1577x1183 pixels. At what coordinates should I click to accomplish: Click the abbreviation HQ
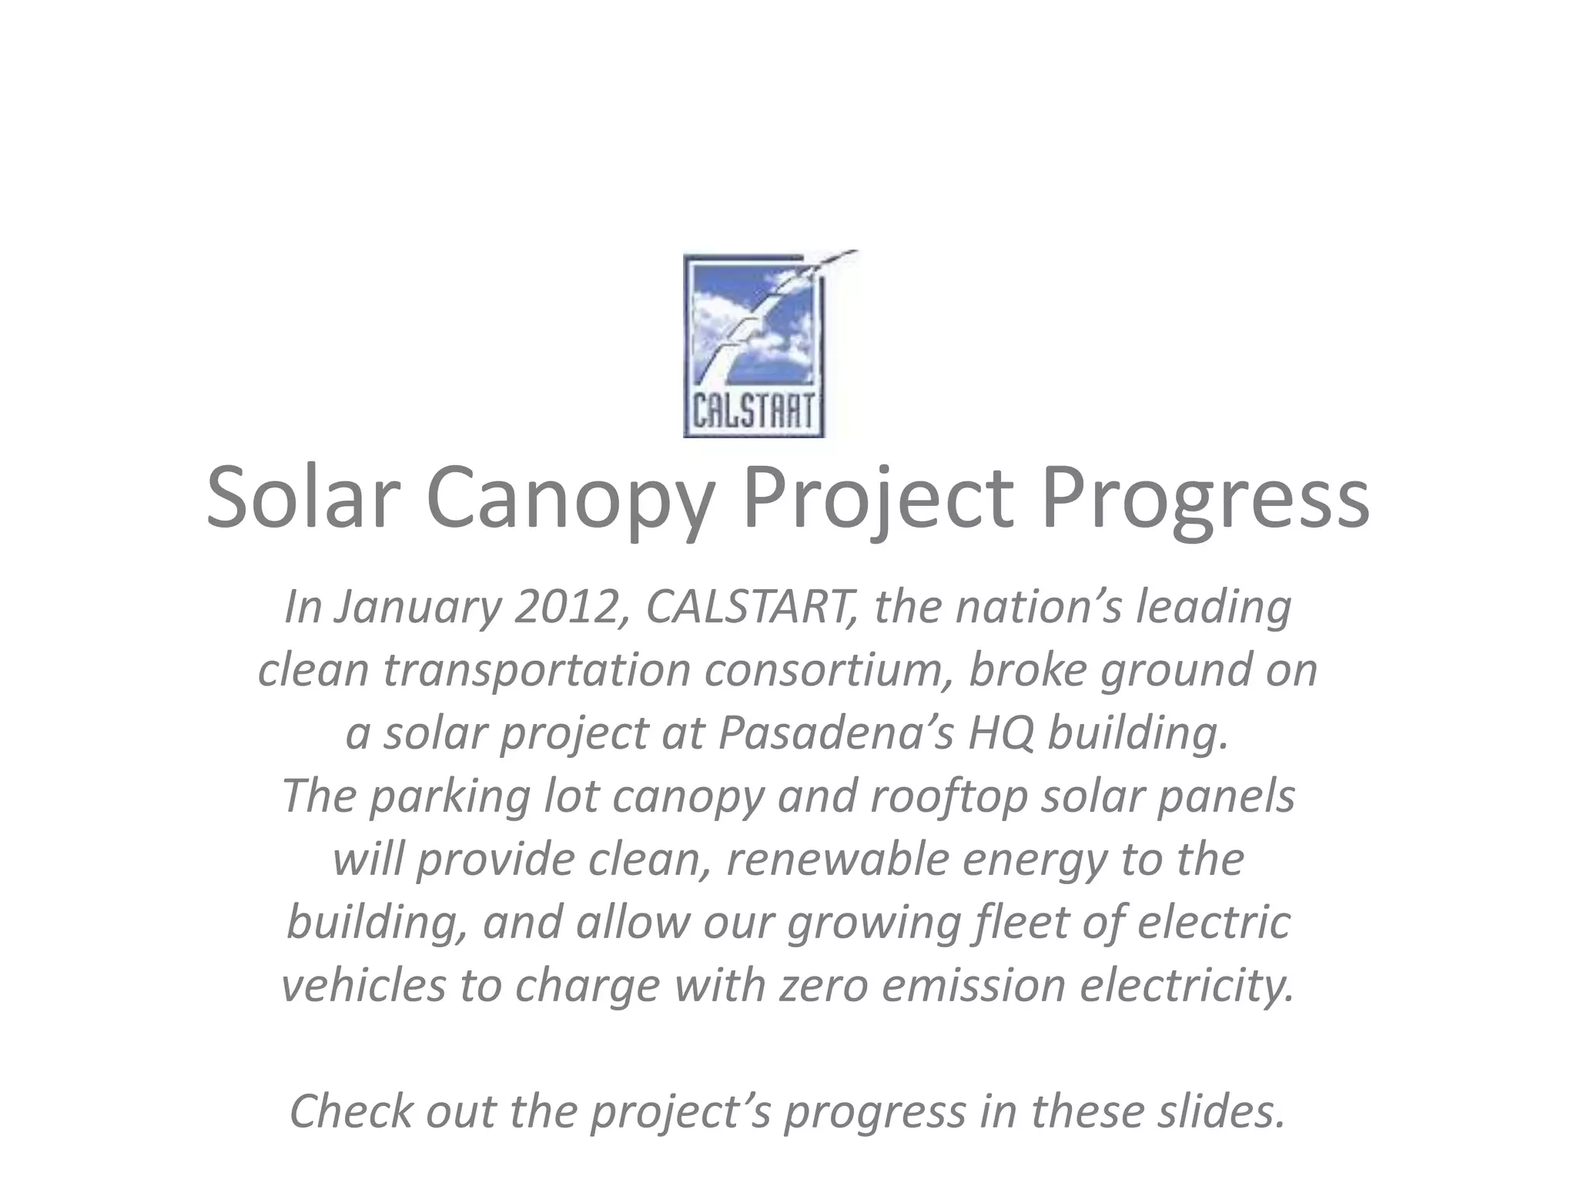[1001, 733]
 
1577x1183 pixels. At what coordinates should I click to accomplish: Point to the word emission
[974, 986]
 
